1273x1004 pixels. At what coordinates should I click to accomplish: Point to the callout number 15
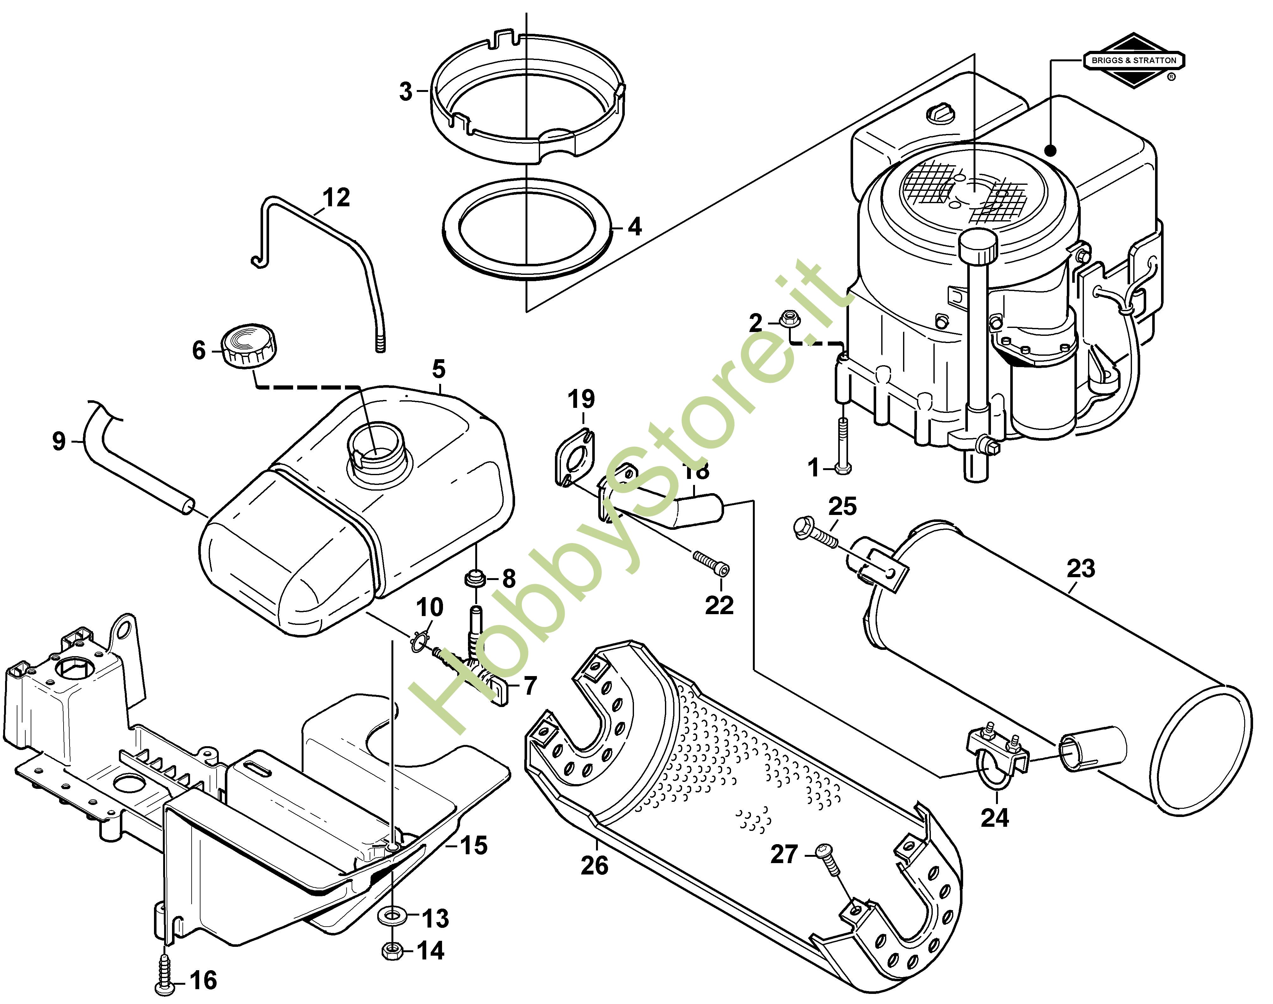pyautogui.click(x=474, y=845)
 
